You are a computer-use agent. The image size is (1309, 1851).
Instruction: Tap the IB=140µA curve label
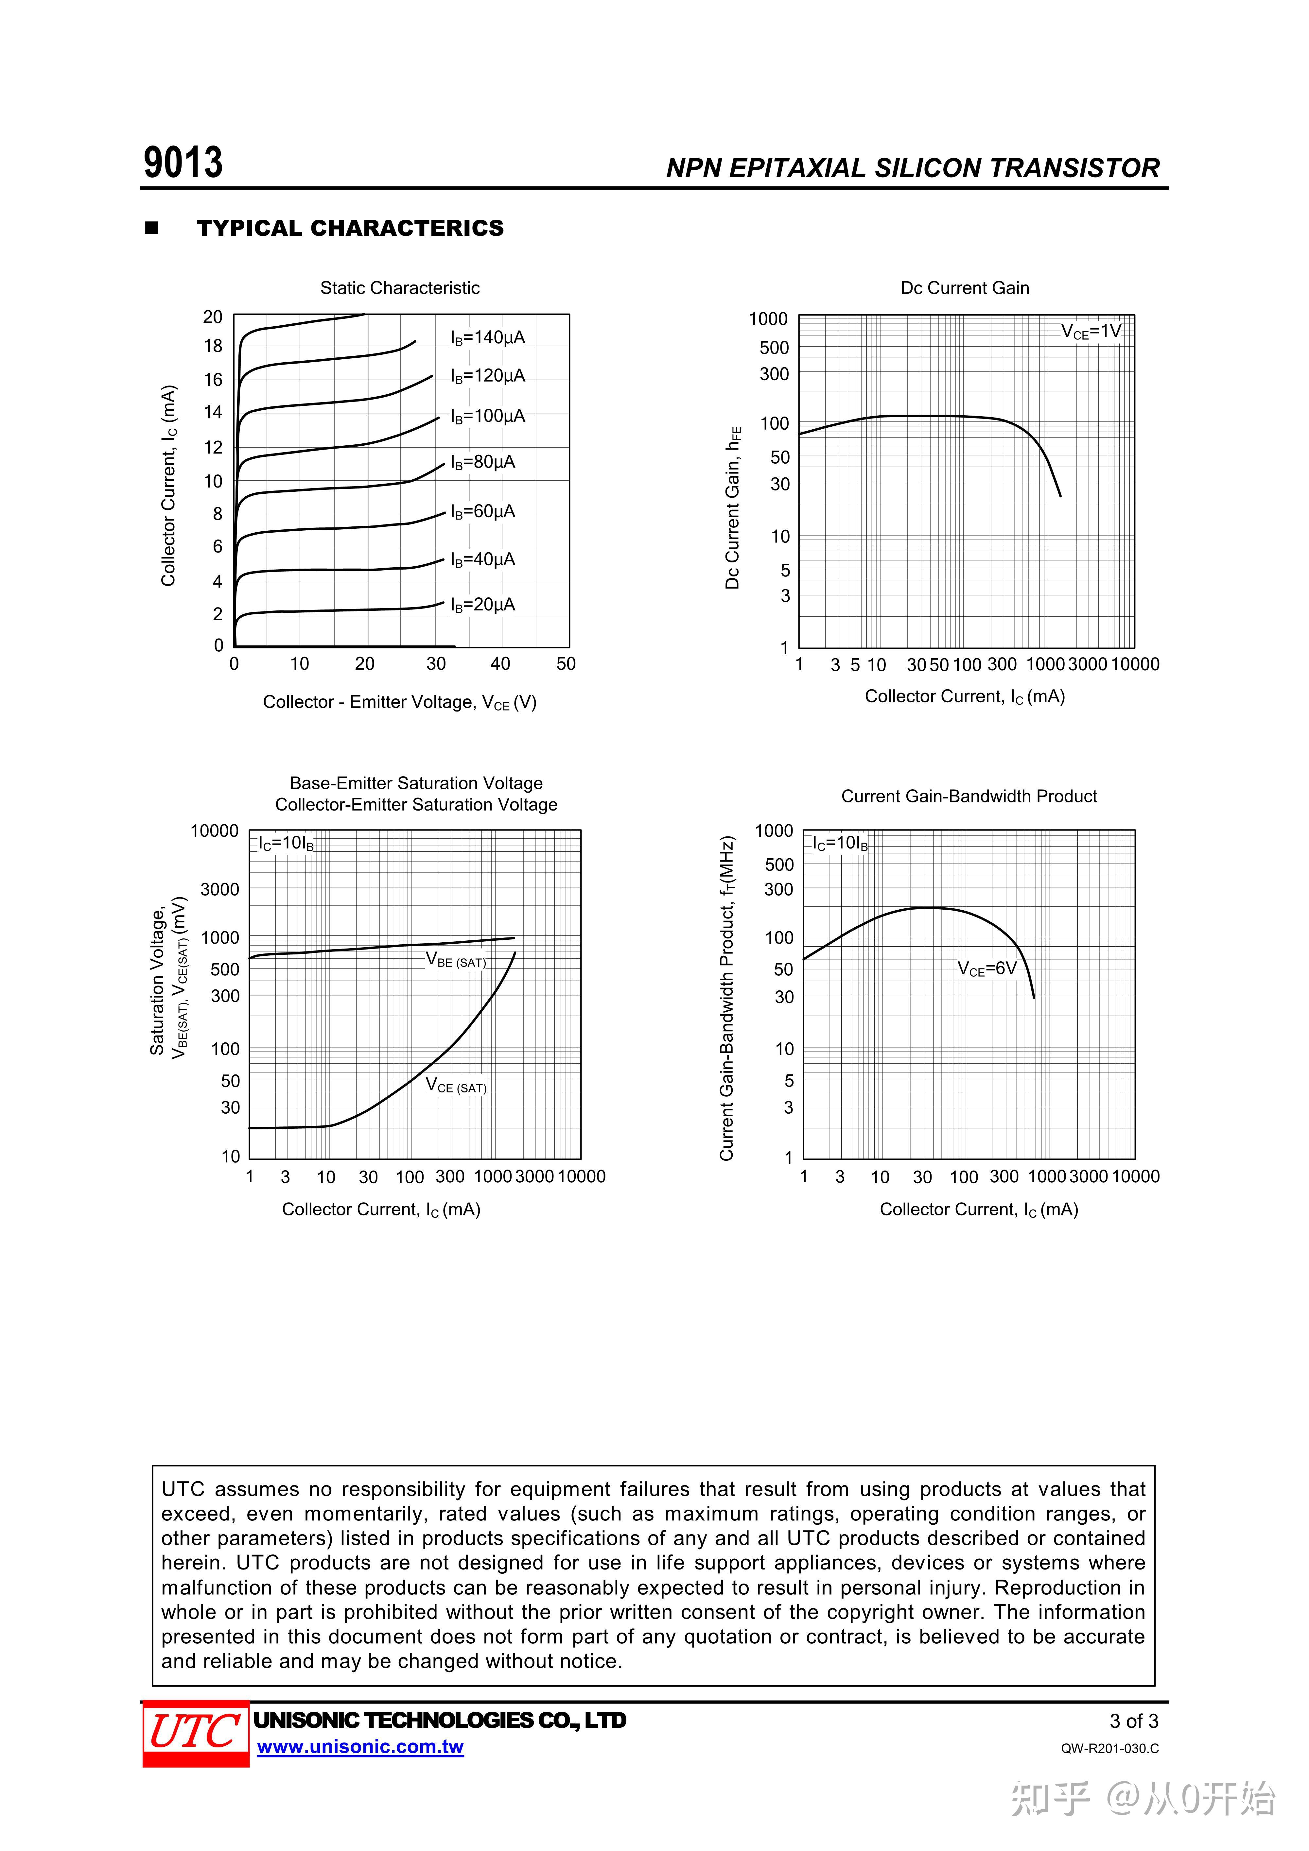[x=487, y=338]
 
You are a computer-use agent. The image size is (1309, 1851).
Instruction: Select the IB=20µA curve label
[x=482, y=605]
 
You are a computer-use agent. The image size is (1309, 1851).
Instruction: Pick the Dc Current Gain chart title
[x=965, y=288]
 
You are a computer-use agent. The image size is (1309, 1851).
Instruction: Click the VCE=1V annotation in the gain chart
[x=1091, y=331]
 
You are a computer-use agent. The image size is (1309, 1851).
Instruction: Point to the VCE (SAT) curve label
[x=456, y=1086]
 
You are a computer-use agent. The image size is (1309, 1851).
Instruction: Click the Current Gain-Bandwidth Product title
[x=969, y=797]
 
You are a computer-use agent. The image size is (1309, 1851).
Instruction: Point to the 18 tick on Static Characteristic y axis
[x=213, y=346]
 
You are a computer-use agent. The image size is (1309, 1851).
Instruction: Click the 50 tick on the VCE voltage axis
[x=566, y=663]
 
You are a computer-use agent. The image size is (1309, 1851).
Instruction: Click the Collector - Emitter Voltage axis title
[x=399, y=702]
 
